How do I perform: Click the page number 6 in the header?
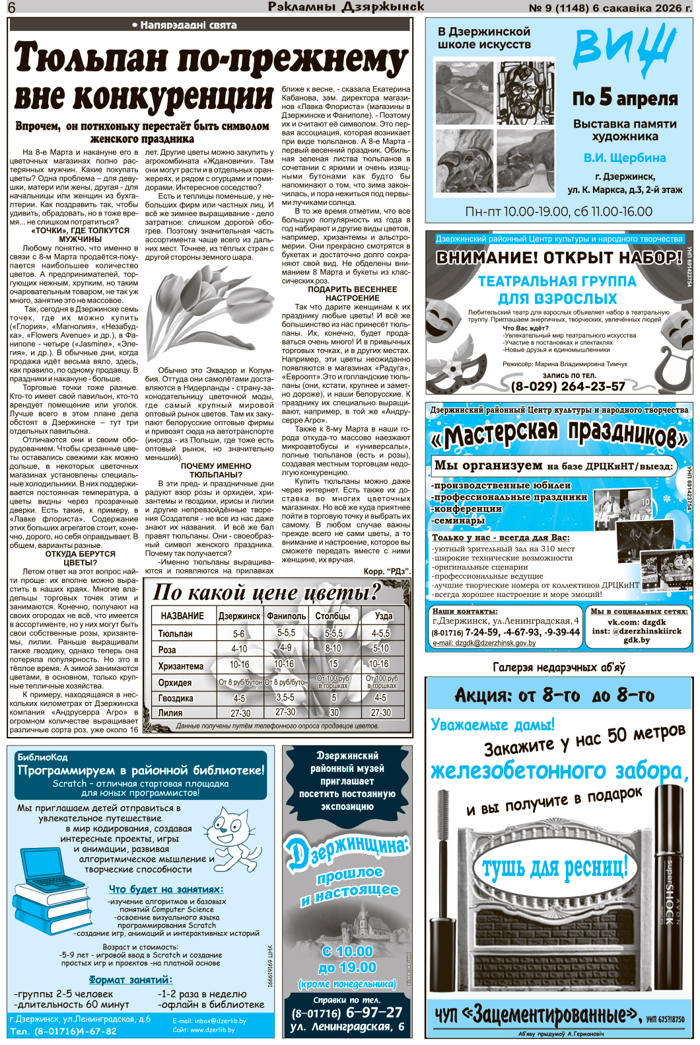[x=12, y=7]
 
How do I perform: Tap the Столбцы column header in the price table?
[x=333, y=616]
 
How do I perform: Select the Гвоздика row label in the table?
[x=176, y=698]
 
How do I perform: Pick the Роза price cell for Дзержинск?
[x=239, y=649]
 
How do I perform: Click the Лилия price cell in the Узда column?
[x=381, y=713]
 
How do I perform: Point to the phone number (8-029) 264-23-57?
[x=568, y=387]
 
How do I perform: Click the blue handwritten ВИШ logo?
[x=624, y=46]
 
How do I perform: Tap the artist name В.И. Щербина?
[x=625, y=158]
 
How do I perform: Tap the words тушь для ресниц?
[x=555, y=867]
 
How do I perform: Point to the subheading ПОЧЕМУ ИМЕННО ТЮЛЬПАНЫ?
[x=216, y=470]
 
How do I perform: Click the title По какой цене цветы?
[x=267, y=592]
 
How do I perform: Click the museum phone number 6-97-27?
[x=374, y=1013]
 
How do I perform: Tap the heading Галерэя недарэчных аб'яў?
[x=559, y=668]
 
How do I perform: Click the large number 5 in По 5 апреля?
[x=606, y=97]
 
